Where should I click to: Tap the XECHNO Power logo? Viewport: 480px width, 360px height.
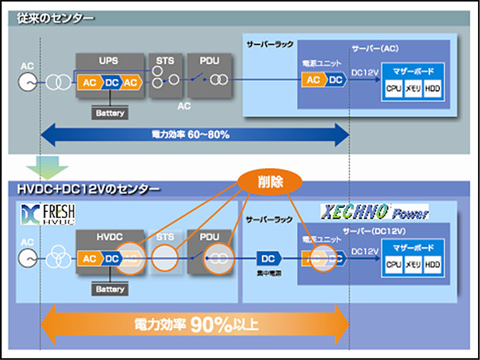(373, 213)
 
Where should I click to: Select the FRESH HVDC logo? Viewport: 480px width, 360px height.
(48, 215)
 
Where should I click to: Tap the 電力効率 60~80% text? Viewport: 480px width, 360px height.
(190, 135)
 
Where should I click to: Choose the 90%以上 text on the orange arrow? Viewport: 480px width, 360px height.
(224, 325)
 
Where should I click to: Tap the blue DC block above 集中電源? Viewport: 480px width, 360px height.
(267, 257)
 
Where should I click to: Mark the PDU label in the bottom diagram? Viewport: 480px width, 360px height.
(209, 237)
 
